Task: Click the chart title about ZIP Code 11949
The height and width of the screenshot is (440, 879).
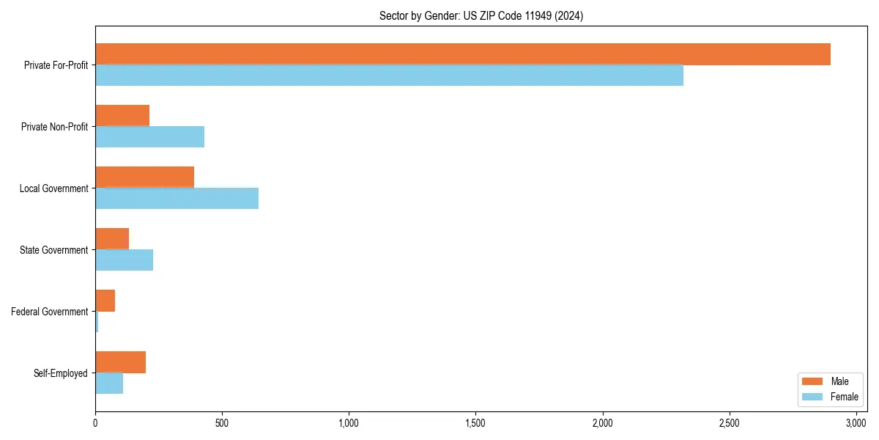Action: tap(481, 15)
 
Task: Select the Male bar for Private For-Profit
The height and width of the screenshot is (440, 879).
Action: tap(462, 54)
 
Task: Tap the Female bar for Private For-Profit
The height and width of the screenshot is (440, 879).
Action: tap(389, 76)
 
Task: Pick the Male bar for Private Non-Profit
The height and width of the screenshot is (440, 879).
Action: tap(122, 116)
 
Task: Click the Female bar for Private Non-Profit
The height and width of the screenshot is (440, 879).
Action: tap(149, 137)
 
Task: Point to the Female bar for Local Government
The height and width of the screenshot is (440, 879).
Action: tap(177, 199)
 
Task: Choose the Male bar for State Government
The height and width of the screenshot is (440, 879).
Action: tap(112, 239)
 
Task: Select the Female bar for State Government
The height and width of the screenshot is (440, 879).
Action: tap(124, 260)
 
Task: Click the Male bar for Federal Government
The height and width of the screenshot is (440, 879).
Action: tap(105, 301)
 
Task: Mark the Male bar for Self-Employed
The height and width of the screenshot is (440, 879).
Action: tap(120, 362)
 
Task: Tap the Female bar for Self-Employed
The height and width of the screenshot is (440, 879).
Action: tap(109, 384)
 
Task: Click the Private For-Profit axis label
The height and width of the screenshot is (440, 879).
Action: tap(56, 65)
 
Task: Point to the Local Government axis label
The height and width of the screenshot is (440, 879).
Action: tap(53, 188)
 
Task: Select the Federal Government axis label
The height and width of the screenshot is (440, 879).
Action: tap(50, 312)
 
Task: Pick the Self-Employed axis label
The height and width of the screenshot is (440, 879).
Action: tap(60, 373)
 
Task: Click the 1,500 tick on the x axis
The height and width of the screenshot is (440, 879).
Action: tap(475, 424)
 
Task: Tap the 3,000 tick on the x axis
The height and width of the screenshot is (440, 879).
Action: tap(856, 424)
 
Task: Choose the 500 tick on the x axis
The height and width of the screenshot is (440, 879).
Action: tap(222, 424)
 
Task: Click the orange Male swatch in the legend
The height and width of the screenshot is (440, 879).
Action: tap(813, 382)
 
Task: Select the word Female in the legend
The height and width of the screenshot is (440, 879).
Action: tap(844, 397)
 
